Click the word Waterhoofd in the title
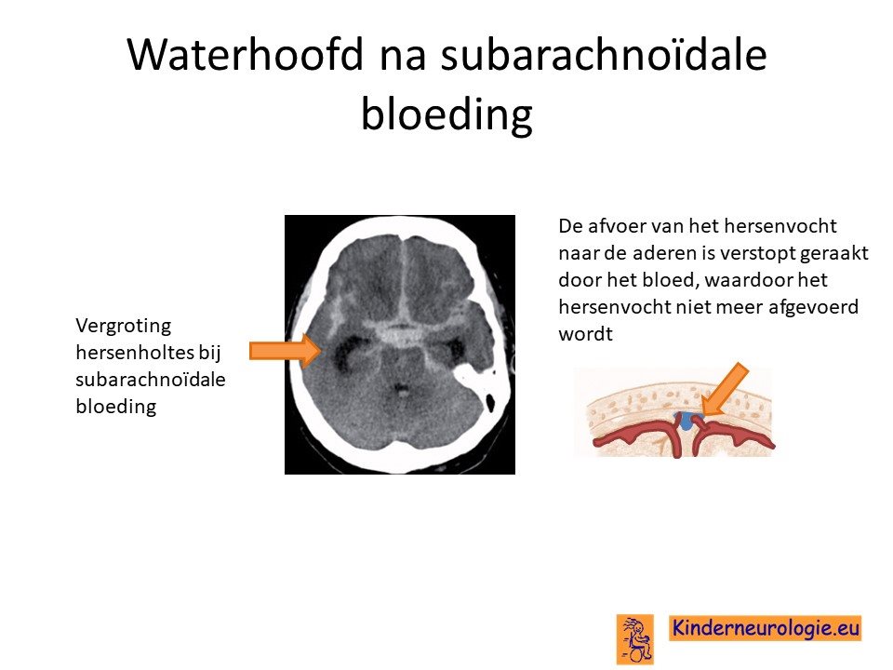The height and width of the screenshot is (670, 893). click(246, 54)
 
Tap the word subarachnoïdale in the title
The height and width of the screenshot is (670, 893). click(604, 54)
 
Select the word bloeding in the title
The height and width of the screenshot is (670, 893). click(447, 114)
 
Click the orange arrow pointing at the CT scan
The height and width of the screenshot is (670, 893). click(286, 351)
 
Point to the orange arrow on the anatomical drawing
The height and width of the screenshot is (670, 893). click(724, 390)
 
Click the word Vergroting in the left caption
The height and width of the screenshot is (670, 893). click(123, 327)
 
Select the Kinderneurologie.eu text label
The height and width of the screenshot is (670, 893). click(765, 628)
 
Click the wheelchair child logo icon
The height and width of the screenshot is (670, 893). click(635, 638)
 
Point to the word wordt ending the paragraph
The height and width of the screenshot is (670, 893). click(585, 334)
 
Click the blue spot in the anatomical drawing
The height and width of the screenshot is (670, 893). click(686, 421)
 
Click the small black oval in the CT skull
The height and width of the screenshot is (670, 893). click(490, 402)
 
